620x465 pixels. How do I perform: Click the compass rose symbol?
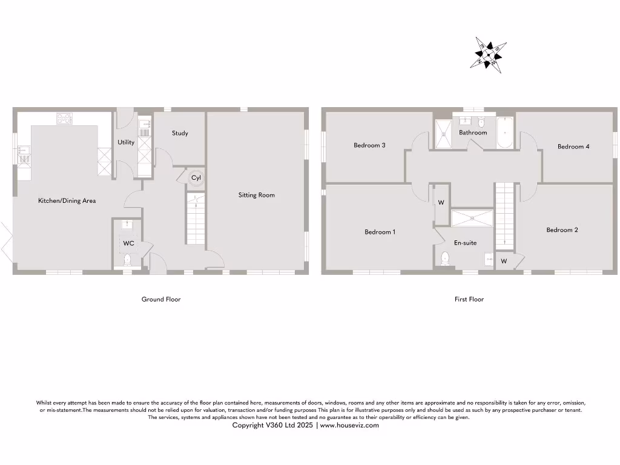(489, 55)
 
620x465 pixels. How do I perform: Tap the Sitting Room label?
(257, 195)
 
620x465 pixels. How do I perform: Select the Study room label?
(180, 133)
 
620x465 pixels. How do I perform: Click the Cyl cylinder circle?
(196, 178)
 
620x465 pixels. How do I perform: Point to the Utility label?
(126, 143)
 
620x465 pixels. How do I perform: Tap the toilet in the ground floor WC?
(127, 260)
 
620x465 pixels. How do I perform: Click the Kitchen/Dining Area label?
(67, 200)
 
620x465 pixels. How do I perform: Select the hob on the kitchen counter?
(65, 118)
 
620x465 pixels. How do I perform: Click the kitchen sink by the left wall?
(24, 154)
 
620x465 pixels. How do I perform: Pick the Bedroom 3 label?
(370, 145)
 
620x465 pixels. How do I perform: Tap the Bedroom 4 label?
(573, 147)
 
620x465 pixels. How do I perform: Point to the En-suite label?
(465, 243)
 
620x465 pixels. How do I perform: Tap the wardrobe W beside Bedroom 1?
(441, 203)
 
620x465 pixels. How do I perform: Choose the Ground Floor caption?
(161, 299)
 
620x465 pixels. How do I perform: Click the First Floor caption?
(469, 299)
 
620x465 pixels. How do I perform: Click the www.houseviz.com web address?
(349, 425)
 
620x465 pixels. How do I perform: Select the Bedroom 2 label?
(562, 230)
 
